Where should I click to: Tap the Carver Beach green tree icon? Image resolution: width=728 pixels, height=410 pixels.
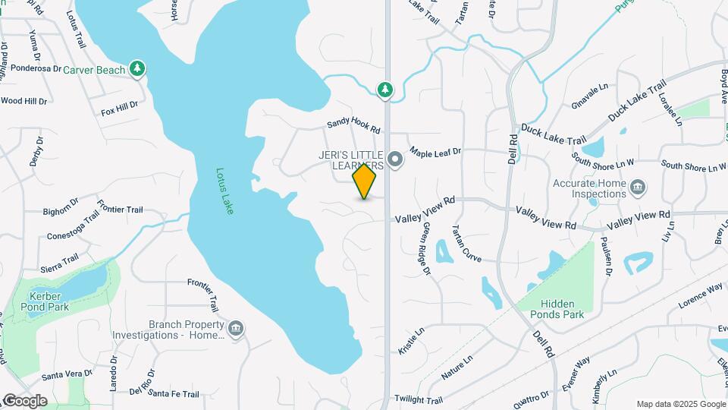click(137, 69)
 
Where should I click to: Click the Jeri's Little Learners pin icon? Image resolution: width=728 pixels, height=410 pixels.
click(394, 159)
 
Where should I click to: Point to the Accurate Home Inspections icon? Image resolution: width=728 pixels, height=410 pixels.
click(638, 187)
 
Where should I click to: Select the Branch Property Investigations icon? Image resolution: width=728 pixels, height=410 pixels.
click(235, 329)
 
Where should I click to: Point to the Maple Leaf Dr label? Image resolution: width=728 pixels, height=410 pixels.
click(435, 153)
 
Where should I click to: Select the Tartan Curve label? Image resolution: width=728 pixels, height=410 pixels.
click(466, 244)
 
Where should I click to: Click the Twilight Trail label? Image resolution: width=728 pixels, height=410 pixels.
click(417, 399)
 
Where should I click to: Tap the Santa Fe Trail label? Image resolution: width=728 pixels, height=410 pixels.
click(174, 394)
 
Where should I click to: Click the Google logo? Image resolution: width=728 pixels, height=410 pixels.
click(24, 401)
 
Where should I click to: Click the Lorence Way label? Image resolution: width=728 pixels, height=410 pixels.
click(700, 293)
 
